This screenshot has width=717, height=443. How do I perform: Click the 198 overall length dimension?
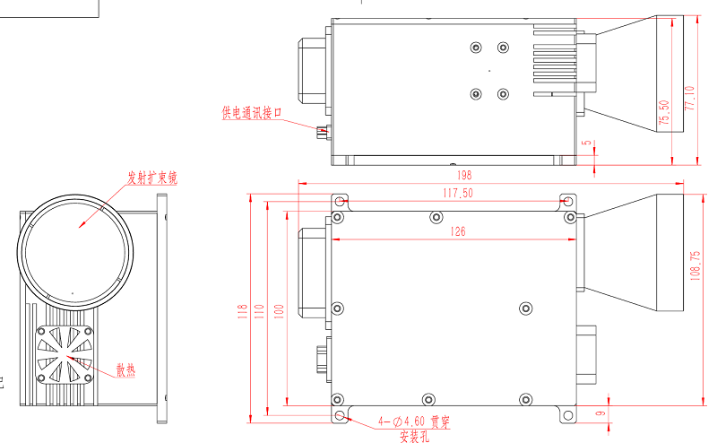tap(464, 175)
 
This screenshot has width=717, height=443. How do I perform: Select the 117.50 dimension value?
tap(458, 193)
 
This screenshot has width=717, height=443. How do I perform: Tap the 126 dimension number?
tap(458, 231)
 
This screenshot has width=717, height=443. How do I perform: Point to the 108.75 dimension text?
tap(695, 266)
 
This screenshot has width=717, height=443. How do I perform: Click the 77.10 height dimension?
tap(689, 98)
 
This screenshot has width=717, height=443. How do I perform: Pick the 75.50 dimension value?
tap(664, 113)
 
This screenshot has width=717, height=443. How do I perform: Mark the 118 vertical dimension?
tap(242, 311)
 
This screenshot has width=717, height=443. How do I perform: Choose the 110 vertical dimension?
tap(259, 311)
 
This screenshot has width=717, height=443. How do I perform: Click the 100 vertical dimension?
tap(279, 311)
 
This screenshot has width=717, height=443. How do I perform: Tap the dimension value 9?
tap(601, 413)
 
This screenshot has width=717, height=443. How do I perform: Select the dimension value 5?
tap(587, 143)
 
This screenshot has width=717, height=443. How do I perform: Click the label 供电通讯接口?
tap(252, 113)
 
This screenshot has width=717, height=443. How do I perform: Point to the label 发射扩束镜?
tap(152, 178)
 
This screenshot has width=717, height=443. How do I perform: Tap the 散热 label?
tap(125, 369)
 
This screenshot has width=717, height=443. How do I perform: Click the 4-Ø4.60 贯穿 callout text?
tap(414, 421)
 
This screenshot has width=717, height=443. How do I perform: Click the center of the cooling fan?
tap(65, 355)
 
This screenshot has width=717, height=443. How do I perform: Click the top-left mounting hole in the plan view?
tap(340, 201)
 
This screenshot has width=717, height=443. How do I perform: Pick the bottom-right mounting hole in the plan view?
tap(567, 415)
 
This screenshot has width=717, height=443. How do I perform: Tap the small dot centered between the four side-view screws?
tap(489, 71)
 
